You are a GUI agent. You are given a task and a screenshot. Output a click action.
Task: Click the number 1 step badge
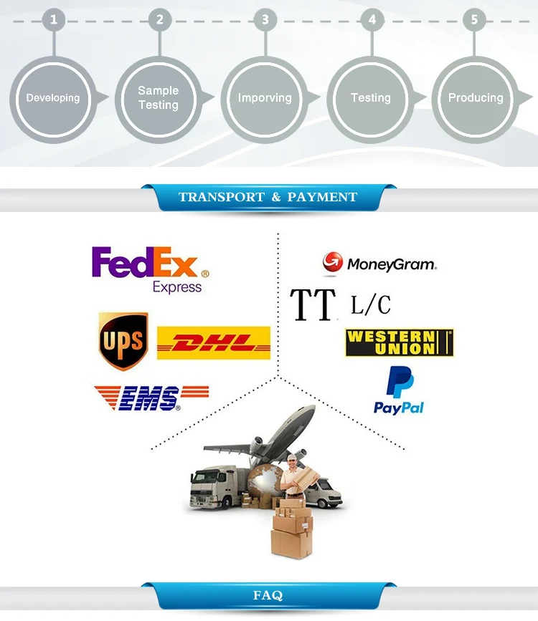pyautogui.click(x=53, y=20)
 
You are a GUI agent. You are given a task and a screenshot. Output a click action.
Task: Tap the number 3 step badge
pyautogui.click(x=265, y=20)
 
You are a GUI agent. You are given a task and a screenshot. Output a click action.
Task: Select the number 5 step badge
pyautogui.click(x=474, y=20)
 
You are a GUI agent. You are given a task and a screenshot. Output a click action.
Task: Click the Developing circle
pyautogui.click(x=53, y=98)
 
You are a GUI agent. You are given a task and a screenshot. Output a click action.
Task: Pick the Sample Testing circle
pyautogui.click(x=159, y=98)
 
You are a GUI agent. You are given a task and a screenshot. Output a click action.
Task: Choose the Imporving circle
pyautogui.click(x=265, y=98)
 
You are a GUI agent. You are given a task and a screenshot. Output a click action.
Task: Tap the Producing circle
pyautogui.click(x=476, y=98)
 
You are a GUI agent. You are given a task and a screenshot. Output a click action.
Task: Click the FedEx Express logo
pyautogui.click(x=151, y=269)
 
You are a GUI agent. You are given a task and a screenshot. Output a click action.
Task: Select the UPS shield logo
pyautogui.click(x=123, y=340)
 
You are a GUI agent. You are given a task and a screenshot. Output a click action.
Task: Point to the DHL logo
pyautogui.click(x=213, y=343)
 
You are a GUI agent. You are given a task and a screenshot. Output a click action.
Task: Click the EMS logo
pyautogui.click(x=151, y=398)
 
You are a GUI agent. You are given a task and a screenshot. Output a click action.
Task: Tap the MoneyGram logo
pyautogui.click(x=379, y=264)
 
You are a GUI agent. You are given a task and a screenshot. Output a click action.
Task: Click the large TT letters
pyautogui.click(x=313, y=304)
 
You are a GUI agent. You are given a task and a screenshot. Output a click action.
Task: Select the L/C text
pyautogui.click(x=371, y=304)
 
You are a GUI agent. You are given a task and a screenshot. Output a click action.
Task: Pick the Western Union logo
pyautogui.click(x=399, y=343)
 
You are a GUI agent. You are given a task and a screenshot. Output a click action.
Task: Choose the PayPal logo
pyautogui.click(x=399, y=390)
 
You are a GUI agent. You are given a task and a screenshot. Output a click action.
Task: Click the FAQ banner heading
pyautogui.click(x=268, y=595)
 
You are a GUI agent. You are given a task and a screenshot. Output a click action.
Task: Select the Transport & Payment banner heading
pyautogui.click(x=268, y=197)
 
